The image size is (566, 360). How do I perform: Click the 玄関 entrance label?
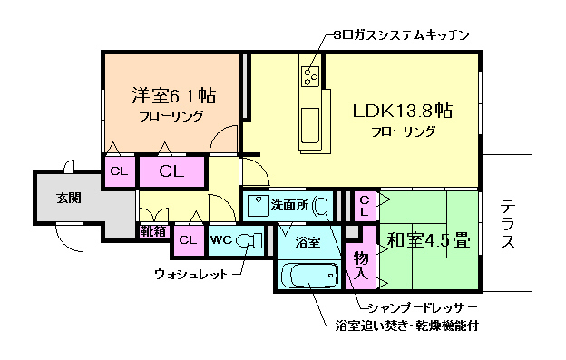point(68,198)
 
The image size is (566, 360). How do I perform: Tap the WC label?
point(221,240)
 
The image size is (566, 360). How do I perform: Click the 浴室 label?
point(307,242)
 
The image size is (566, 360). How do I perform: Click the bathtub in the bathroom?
point(307,275)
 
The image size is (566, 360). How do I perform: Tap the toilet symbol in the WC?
point(254,240)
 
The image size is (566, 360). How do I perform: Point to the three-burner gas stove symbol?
point(310,74)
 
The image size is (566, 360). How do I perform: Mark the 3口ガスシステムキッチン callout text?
point(398,35)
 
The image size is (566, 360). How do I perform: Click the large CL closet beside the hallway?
point(172,170)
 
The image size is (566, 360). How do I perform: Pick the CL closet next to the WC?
point(187,240)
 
